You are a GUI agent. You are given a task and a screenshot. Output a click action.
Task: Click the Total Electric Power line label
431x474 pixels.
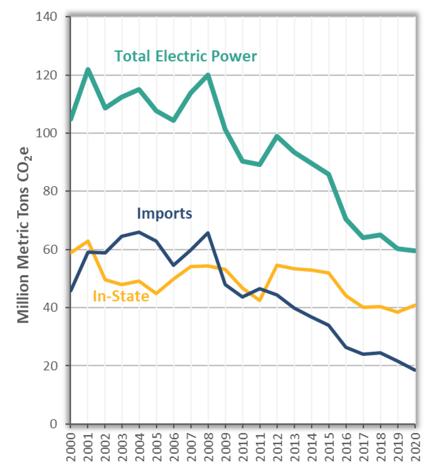coord(185,56)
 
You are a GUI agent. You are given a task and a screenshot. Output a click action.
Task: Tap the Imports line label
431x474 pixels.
coord(164,213)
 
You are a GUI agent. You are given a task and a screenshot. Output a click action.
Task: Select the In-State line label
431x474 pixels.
coord(121,295)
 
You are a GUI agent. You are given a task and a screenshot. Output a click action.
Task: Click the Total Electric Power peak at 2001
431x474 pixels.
coord(87,69)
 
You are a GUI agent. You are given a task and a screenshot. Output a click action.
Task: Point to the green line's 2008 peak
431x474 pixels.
coord(208,75)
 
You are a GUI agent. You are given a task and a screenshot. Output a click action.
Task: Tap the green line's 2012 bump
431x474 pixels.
coord(277,136)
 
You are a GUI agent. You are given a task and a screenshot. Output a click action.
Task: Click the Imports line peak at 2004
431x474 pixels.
coord(139,232)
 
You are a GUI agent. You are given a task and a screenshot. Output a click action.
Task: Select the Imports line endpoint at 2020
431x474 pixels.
coord(415,370)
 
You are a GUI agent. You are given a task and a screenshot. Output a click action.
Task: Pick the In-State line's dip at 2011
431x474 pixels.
coord(260,300)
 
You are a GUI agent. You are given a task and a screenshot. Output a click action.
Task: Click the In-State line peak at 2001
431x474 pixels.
coord(87,241)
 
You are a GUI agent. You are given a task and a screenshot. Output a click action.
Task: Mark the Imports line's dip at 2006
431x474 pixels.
coord(173,265)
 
